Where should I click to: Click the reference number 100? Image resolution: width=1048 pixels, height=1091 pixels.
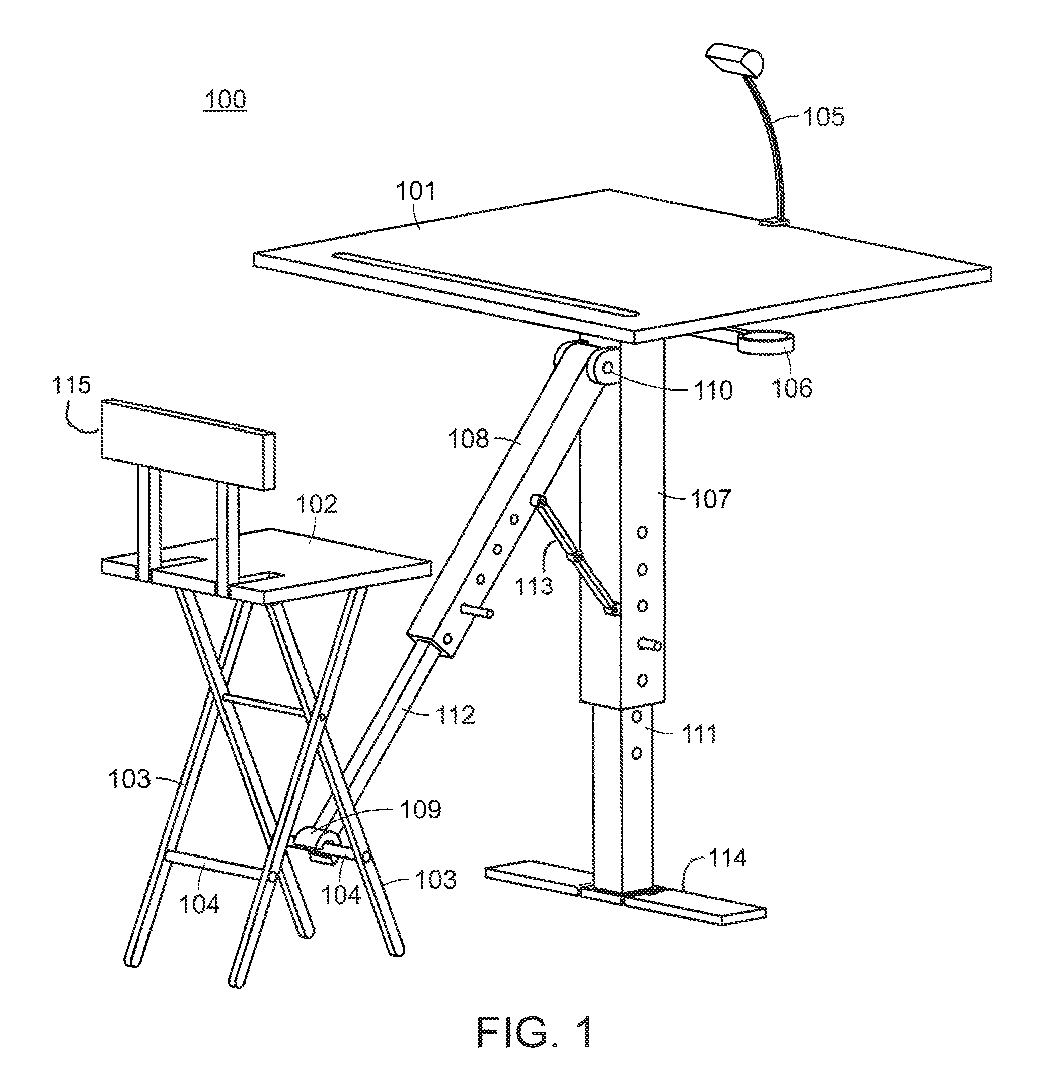pos(226,100)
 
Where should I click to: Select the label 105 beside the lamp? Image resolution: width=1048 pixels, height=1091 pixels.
pos(824,117)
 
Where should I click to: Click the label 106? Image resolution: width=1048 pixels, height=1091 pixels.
pos(792,387)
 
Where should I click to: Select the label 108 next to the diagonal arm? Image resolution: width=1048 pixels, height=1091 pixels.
pos(468,439)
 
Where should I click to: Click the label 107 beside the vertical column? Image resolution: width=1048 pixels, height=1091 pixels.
pos(711,498)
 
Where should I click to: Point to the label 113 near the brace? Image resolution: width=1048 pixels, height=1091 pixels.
pos(534,586)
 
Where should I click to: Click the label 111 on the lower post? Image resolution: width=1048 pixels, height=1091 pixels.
pos(699,734)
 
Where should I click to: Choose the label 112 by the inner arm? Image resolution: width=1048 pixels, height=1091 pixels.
pos(456,715)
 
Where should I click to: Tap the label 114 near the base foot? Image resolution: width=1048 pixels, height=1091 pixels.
pos(727,858)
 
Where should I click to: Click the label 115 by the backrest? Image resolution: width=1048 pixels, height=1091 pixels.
pos(71,384)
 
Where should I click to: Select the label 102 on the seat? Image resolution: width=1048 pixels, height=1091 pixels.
pos(316,504)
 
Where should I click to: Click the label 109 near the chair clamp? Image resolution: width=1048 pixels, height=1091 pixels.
pos(421,809)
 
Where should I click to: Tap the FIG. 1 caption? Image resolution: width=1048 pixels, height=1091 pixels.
pos(535,1032)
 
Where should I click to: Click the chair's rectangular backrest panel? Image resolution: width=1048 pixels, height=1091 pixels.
pos(187,445)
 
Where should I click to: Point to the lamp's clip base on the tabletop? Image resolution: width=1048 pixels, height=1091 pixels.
pos(774,222)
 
